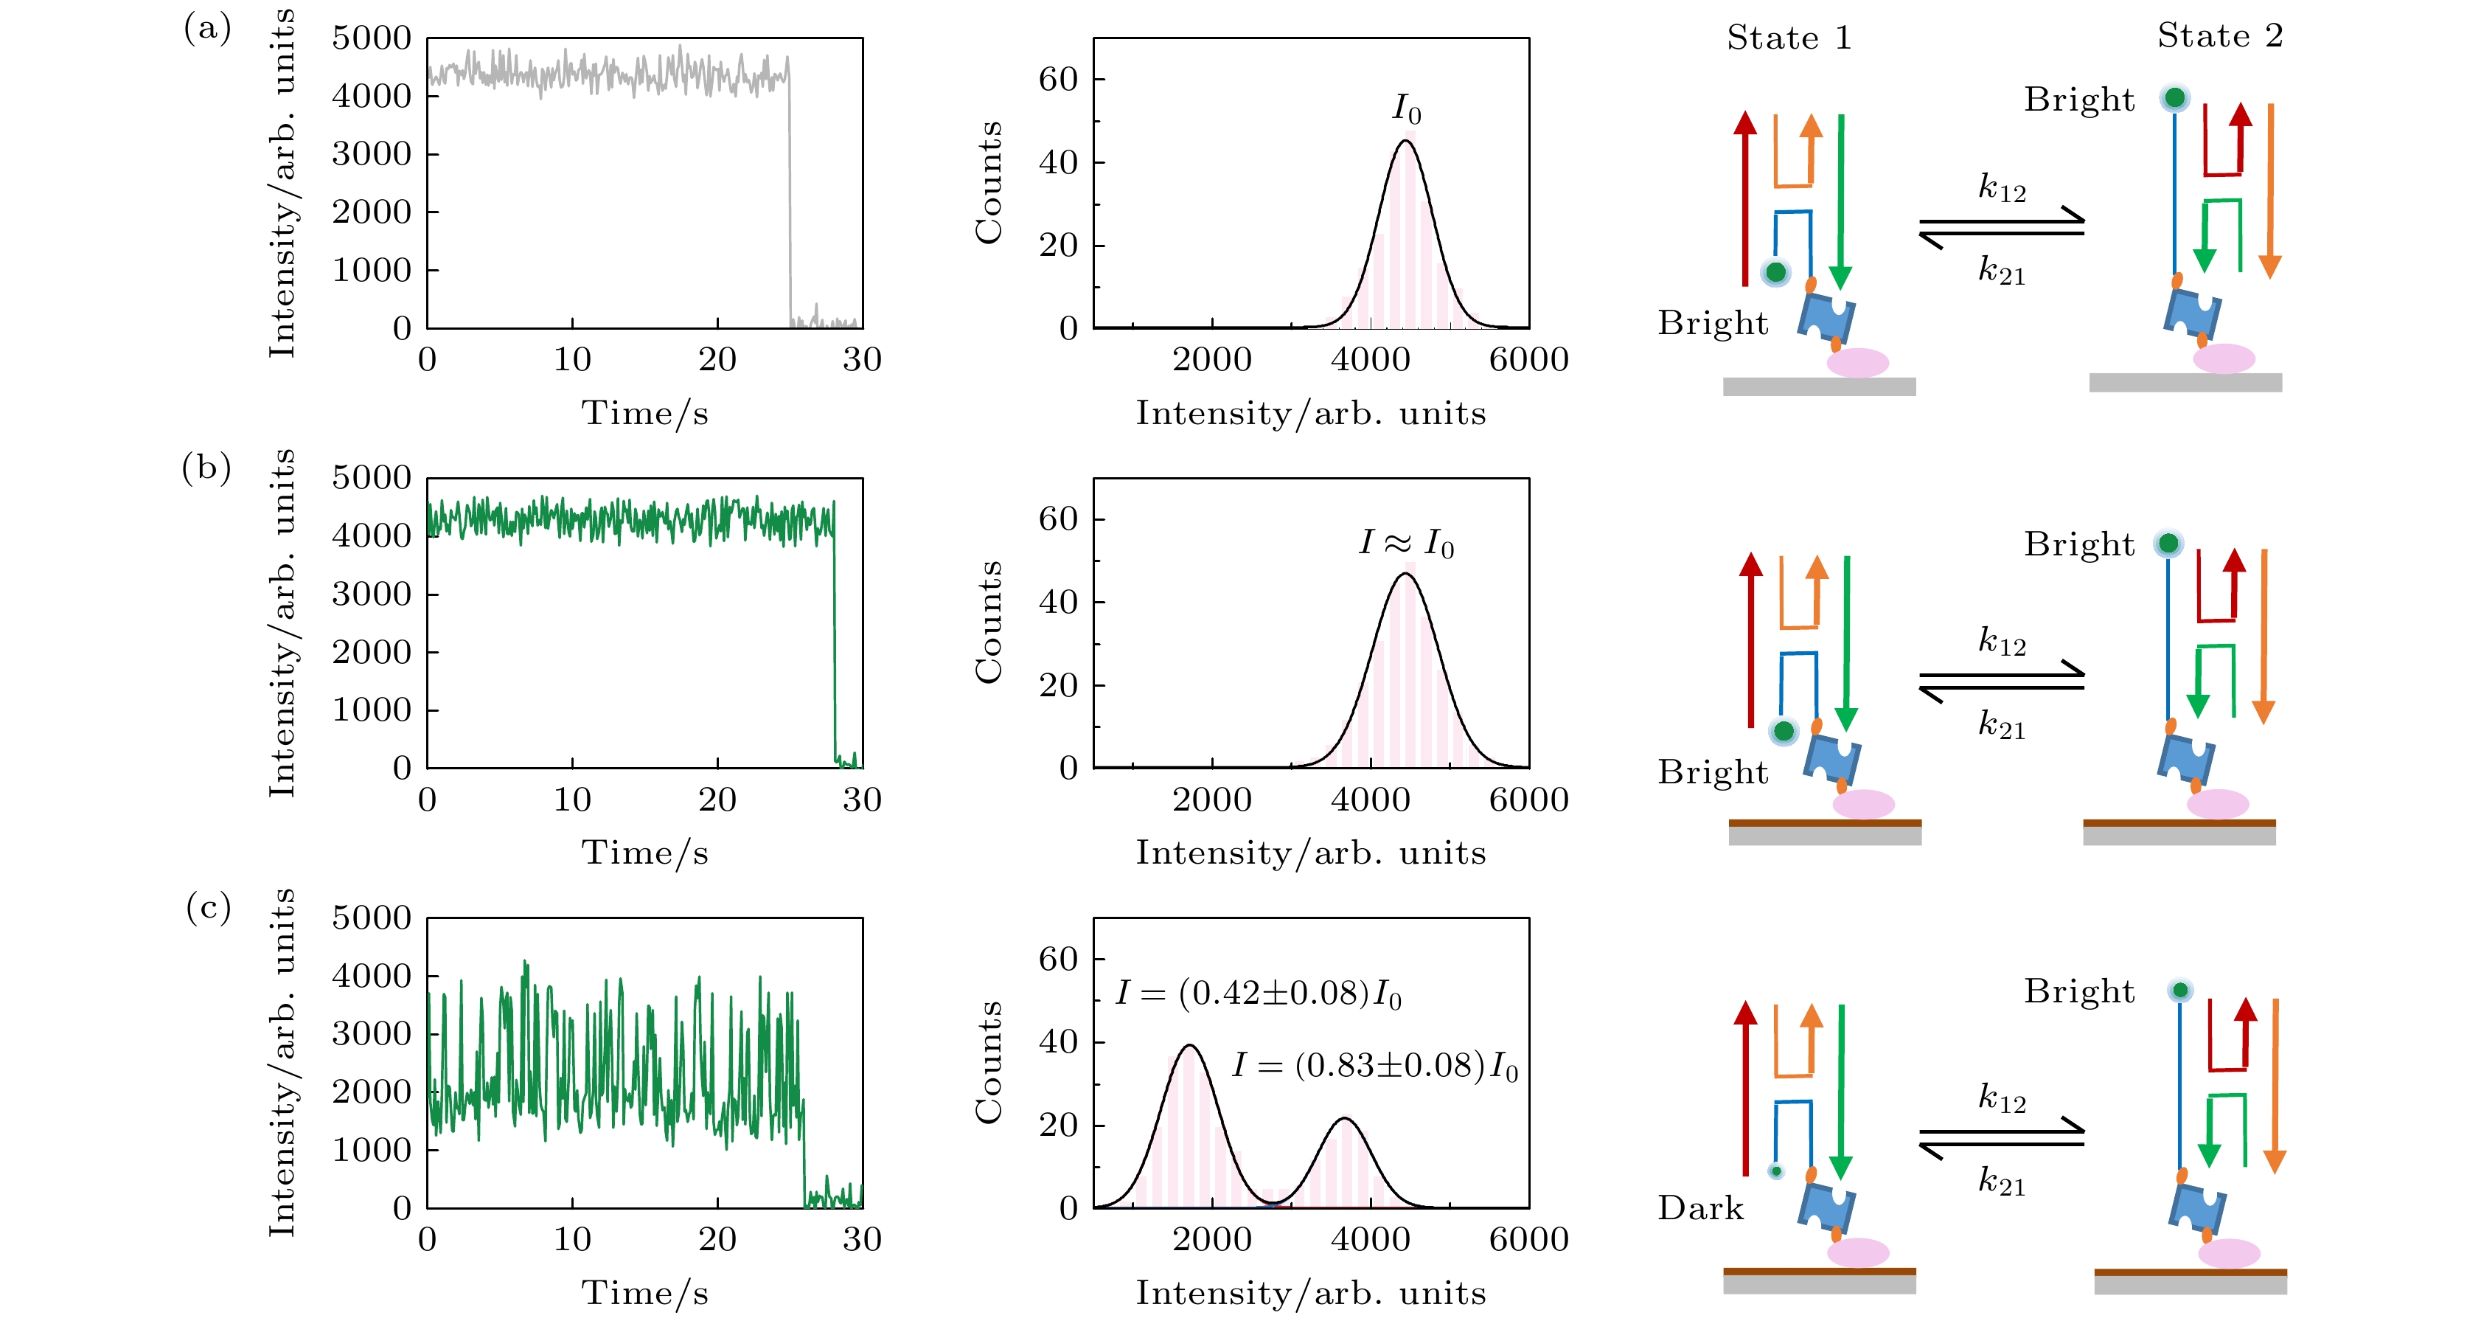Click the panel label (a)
(207, 29)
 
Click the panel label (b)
(207, 468)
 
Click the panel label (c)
(208, 907)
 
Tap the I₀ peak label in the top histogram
(1406, 109)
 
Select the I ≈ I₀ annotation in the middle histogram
(1406, 543)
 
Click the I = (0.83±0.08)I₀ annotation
(1375, 1065)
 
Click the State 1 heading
(1788, 38)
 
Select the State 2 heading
(2219, 36)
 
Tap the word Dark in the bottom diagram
(1700, 1208)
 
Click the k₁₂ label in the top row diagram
(2002, 187)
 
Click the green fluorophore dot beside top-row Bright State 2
(2175, 97)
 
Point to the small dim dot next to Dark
(1775, 1171)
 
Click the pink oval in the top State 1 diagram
(1857, 362)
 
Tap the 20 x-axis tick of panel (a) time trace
(717, 360)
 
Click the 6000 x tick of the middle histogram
(1528, 800)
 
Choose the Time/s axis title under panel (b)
(644, 853)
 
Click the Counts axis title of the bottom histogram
(988, 1062)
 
